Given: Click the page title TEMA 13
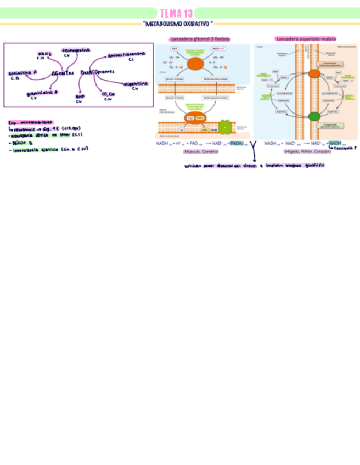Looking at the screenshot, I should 176,13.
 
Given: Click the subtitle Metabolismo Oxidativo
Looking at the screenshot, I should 177,24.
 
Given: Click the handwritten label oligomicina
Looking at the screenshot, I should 134,83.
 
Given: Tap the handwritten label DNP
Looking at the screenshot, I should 79,97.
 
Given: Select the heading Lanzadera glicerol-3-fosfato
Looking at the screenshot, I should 200,39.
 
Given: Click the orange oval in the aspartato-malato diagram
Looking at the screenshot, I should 314,74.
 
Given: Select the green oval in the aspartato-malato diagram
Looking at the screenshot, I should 314,116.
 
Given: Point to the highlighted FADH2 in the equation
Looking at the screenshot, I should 236,144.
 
